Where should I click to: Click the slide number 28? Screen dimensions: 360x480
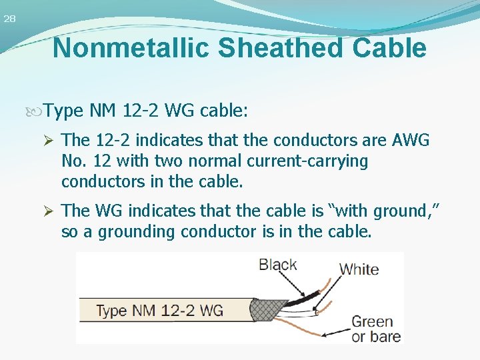tap(9, 19)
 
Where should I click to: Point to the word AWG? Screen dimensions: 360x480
tap(411, 141)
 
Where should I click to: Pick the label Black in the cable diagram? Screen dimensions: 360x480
tap(278, 264)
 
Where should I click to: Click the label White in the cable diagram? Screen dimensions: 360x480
tap(359, 269)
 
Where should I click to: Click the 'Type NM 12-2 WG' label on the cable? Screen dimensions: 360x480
tap(159, 311)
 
